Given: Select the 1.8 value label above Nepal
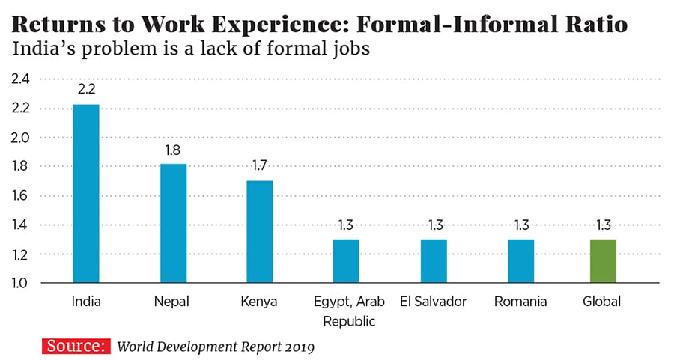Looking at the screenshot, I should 174,150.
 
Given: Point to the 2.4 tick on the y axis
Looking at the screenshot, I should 20,79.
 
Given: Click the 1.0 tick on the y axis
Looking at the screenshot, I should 20,284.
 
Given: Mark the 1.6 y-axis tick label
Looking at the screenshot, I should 20,196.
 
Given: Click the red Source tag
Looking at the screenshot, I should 76,346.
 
